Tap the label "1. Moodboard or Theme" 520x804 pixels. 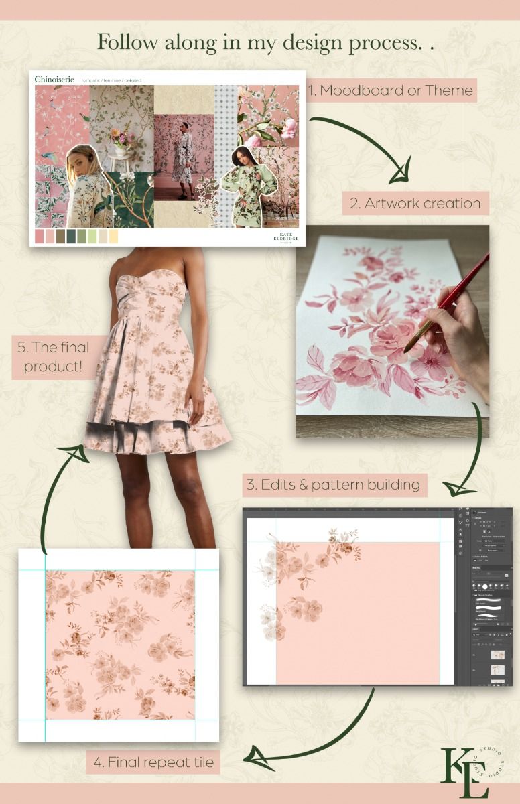click(391, 90)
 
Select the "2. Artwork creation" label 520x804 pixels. click(415, 203)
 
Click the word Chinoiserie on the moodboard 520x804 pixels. click(55, 80)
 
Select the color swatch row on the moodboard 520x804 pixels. click(76, 236)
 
